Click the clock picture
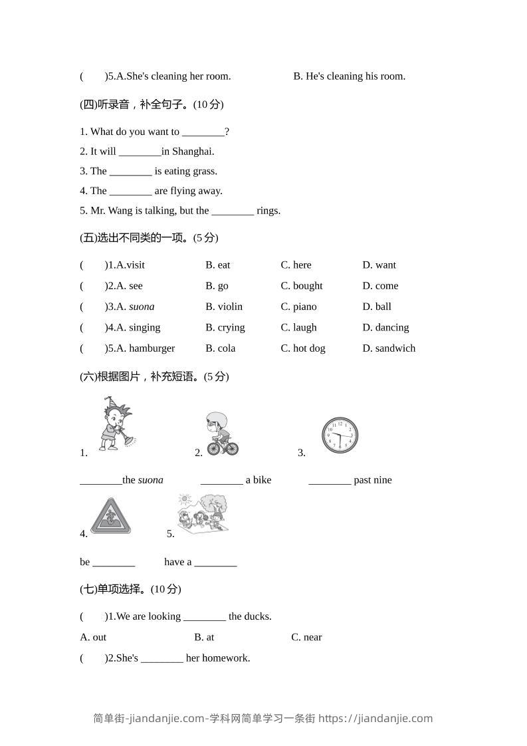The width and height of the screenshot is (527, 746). coord(340,435)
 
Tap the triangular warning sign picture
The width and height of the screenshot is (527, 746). coord(110,517)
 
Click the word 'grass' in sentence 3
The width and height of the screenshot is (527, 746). coord(204,172)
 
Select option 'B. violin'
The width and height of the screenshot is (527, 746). coord(224,307)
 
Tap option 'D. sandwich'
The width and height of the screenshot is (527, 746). coord(389,348)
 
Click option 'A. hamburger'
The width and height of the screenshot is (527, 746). coord(146,348)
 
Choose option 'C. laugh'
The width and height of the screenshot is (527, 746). coord(298,328)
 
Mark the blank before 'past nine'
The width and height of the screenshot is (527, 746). coord(330,481)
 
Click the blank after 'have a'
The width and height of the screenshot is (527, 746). coord(215,562)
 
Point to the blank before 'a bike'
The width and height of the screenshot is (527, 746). coord(221,481)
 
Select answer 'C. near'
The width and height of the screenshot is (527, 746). coord(306,638)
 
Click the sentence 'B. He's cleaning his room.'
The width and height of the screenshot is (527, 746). coord(350,76)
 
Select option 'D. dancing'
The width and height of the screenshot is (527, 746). coord(385,328)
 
